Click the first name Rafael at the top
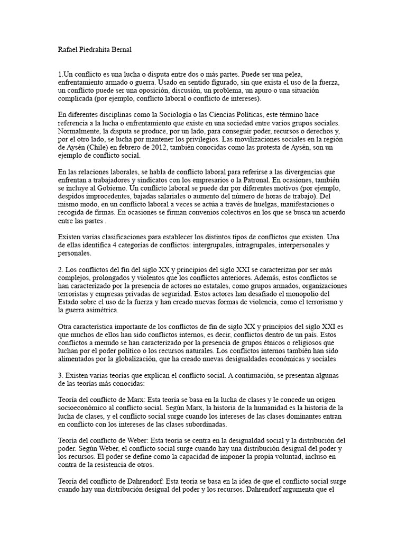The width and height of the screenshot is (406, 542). pyautogui.click(x=68, y=50)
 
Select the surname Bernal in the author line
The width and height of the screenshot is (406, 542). pyautogui.click(x=131, y=50)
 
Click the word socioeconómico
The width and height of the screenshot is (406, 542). pyautogui.click(x=86, y=409)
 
